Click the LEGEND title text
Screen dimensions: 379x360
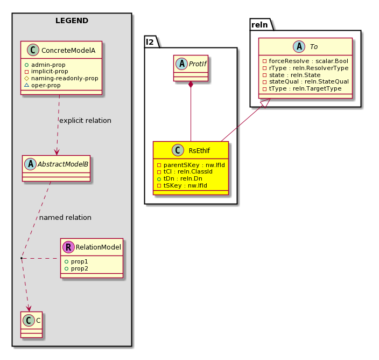tap(72, 20)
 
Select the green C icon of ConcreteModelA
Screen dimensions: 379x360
tap(33, 50)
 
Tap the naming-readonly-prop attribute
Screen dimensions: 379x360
tap(65, 78)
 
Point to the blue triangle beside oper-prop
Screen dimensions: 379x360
tap(26, 85)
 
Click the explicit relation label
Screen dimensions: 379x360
tap(85, 121)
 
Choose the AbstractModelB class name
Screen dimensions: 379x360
tap(63, 164)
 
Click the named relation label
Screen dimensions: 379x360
tap(65, 218)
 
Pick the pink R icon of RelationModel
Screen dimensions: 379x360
tap(68, 247)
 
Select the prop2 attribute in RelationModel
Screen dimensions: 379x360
tap(80, 268)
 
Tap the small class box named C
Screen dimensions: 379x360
tap(31, 324)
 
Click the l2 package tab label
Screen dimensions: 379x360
tap(150, 42)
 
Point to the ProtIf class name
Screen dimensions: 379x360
tap(198, 64)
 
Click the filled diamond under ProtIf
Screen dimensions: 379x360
tap(191, 85)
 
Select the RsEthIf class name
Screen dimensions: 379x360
tap(199, 150)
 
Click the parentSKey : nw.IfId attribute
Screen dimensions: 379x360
tap(194, 165)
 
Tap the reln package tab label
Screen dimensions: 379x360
tap(259, 25)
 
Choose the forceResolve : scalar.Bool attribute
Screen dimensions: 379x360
tap(308, 61)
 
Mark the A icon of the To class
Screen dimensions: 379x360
tap(299, 47)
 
